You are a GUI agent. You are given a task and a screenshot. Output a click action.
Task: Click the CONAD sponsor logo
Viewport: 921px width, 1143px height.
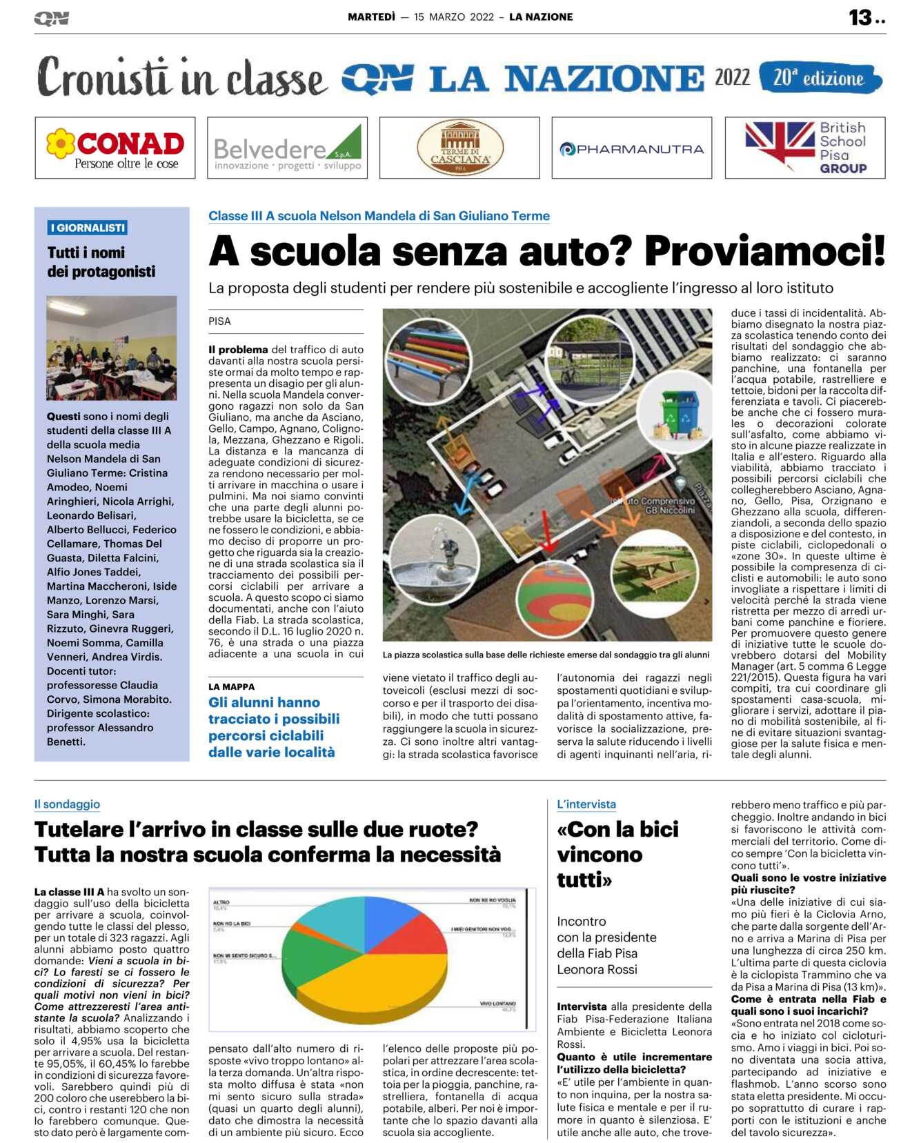[115, 148]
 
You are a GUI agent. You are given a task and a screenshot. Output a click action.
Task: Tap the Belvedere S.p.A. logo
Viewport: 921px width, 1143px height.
[287, 148]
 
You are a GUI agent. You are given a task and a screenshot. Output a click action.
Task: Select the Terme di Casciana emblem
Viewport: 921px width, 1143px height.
[459, 148]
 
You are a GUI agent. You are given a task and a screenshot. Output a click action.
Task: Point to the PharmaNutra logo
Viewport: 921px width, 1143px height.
[631, 148]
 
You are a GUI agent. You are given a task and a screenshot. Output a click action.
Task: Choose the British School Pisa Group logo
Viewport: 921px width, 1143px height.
[805, 148]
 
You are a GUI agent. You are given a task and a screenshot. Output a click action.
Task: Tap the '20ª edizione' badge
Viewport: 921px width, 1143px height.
[820, 78]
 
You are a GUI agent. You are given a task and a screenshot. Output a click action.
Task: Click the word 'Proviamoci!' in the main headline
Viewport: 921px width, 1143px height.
[764, 250]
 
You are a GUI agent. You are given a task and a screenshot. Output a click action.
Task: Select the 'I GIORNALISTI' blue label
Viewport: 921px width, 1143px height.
[88, 228]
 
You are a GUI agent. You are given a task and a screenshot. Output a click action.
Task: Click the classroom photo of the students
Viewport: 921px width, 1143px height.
[112, 348]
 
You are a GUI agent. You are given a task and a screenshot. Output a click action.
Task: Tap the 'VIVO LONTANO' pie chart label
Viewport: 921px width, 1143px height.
[497, 1004]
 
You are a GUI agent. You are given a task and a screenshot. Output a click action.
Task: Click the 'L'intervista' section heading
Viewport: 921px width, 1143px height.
[586, 804]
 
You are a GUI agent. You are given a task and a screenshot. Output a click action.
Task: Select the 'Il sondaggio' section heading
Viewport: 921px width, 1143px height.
[67, 804]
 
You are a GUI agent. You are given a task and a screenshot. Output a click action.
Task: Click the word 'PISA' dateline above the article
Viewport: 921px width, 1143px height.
[219, 321]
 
